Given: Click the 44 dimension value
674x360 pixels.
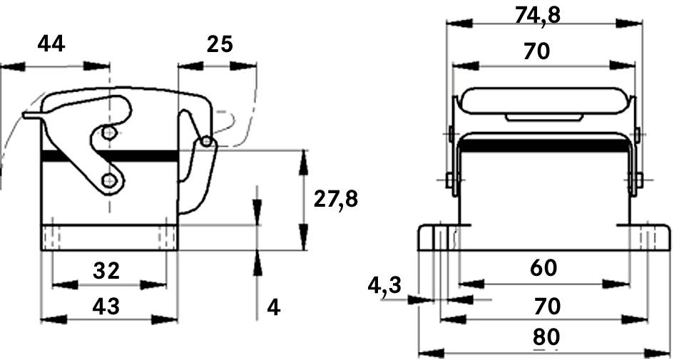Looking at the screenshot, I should pos(51,44).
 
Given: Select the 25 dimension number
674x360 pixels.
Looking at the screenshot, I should pos(220,44).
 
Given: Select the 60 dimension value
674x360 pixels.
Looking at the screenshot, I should pos(543,269).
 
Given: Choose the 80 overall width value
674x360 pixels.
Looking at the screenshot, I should pos(546,338).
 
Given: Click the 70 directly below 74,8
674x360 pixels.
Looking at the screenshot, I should pos(536,51).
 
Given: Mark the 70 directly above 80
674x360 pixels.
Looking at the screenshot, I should pos(546,307).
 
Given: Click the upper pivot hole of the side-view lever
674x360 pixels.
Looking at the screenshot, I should pos(108,133).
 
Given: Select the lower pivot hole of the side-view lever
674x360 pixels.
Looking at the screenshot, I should pos(110,180).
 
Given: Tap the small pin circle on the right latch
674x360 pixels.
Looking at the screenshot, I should pos(207,142).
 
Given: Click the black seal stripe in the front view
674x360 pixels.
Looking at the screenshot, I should pos(543,145).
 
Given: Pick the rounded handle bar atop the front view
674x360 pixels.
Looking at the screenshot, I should pos(543,101).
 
